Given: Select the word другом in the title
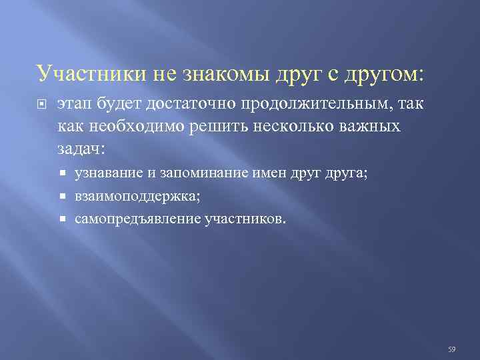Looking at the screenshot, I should click(x=385, y=73).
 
